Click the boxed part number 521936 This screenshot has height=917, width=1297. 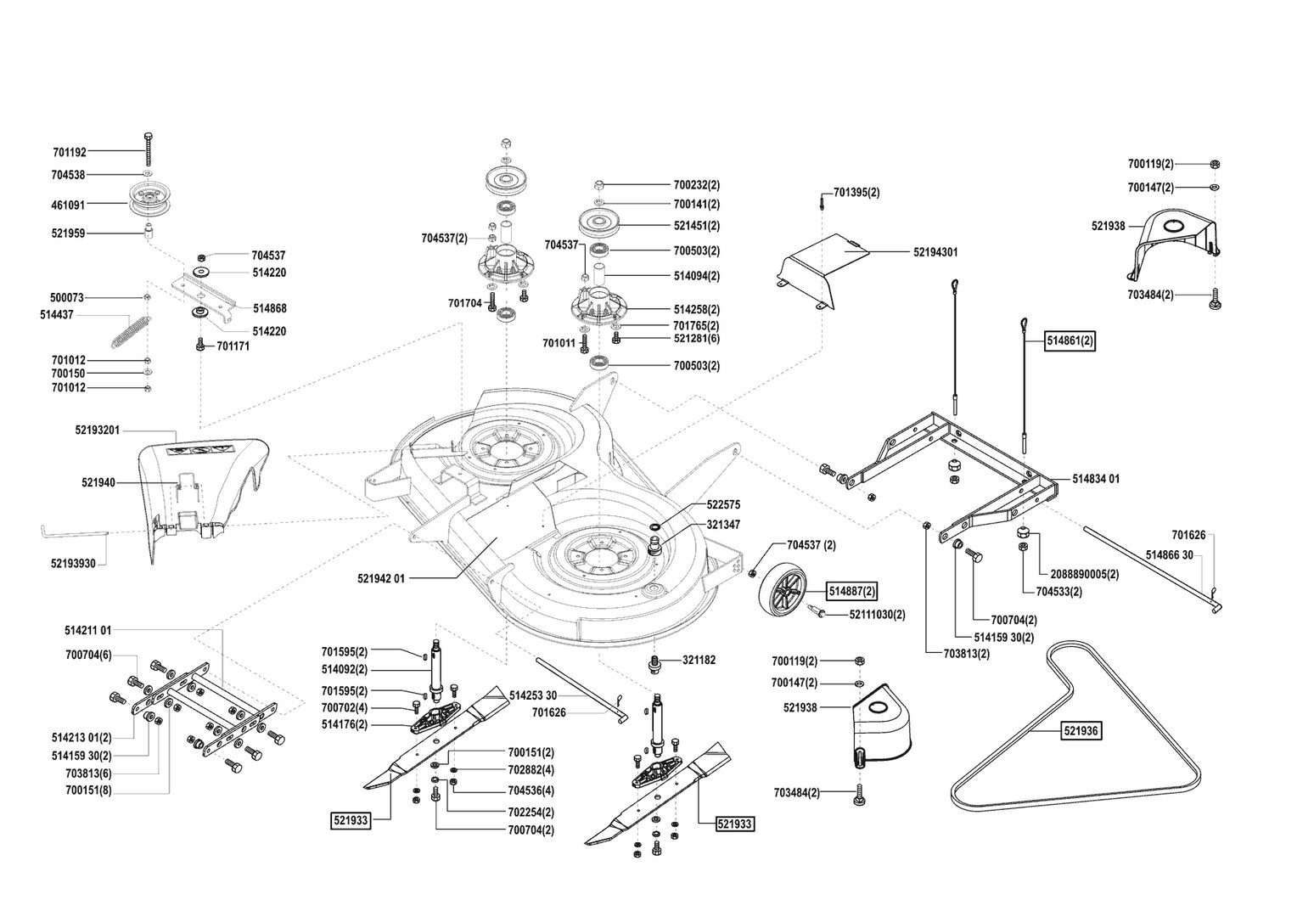pyautogui.click(x=1081, y=730)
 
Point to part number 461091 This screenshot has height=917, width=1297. pyautogui.click(x=68, y=204)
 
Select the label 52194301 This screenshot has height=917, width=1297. pyautogui.click(x=935, y=252)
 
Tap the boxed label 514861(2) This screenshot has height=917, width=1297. pyautogui.click(x=1070, y=340)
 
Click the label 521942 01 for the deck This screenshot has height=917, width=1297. pyautogui.click(x=381, y=578)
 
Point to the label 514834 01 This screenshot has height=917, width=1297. pyautogui.click(x=1096, y=479)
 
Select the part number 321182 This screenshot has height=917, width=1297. pyautogui.click(x=699, y=660)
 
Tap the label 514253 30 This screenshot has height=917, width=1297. pyautogui.click(x=532, y=695)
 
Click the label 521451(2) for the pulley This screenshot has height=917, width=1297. pyautogui.click(x=696, y=226)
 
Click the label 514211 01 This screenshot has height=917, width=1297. pyautogui.click(x=87, y=630)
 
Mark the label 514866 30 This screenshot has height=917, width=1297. pyautogui.click(x=1170, y=554)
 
